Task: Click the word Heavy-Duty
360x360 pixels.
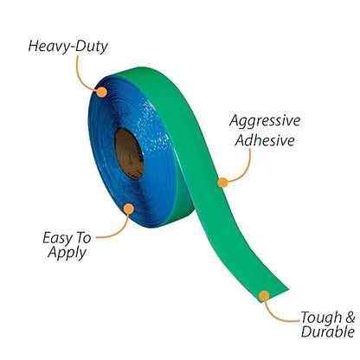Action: (x=68, y=47)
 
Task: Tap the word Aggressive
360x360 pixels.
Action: (x=265, y=120)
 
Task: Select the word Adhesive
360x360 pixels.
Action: (x=265, y=140)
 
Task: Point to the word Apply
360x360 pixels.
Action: (x=67, y=253)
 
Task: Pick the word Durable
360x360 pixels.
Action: (x=328, y=331)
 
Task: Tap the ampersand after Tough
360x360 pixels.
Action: (x=350, y=318)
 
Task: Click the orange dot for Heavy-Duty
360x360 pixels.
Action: (x=101, y=92)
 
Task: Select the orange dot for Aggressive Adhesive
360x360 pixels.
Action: (x=222, y=183)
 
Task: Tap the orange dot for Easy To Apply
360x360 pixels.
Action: (x=129, y=209)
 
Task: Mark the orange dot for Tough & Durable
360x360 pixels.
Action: (x=264, y=296)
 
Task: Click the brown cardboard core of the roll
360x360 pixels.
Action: (x=129, y=154)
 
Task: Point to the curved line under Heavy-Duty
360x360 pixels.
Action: (x=81, y=76)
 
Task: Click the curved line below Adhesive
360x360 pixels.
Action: (x=244, y=170)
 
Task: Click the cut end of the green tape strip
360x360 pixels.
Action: (x=273, y=296)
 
